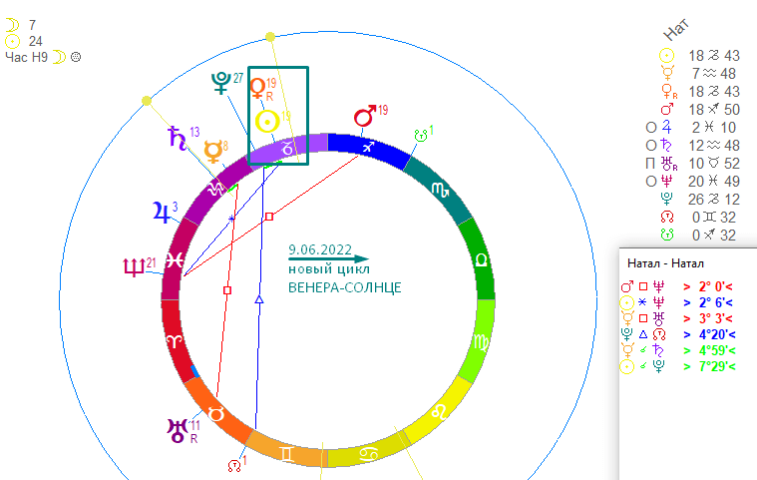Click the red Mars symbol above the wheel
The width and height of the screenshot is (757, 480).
click(x=365, y=117)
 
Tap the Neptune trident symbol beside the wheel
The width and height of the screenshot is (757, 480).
click(x=132, y=267)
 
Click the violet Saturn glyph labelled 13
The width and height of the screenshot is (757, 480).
click(x=176, y=138)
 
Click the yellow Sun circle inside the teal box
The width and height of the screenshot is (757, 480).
click(x=266, y=122)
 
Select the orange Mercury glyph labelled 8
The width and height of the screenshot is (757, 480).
click(x=211, y=152)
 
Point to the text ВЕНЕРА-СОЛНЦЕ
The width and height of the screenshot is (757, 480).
click(x=344, y=287)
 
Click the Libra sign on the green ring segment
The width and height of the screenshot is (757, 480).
click(x=482, y=258)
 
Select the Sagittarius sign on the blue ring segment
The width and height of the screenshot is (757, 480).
click(x=367, y=147)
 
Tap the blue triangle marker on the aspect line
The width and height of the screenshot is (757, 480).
click(x=258, y=298)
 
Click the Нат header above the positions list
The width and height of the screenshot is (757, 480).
click(x=703, y=30)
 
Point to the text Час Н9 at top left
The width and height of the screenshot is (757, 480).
click(x=27, y=57)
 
